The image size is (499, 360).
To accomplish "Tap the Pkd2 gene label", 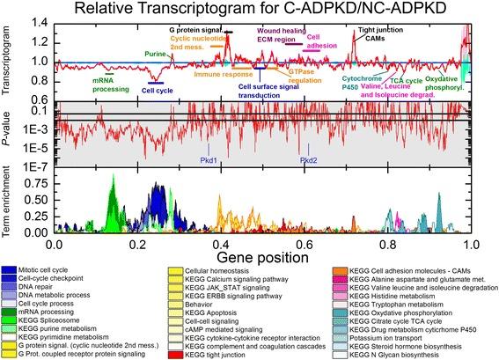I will click(309, 159).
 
